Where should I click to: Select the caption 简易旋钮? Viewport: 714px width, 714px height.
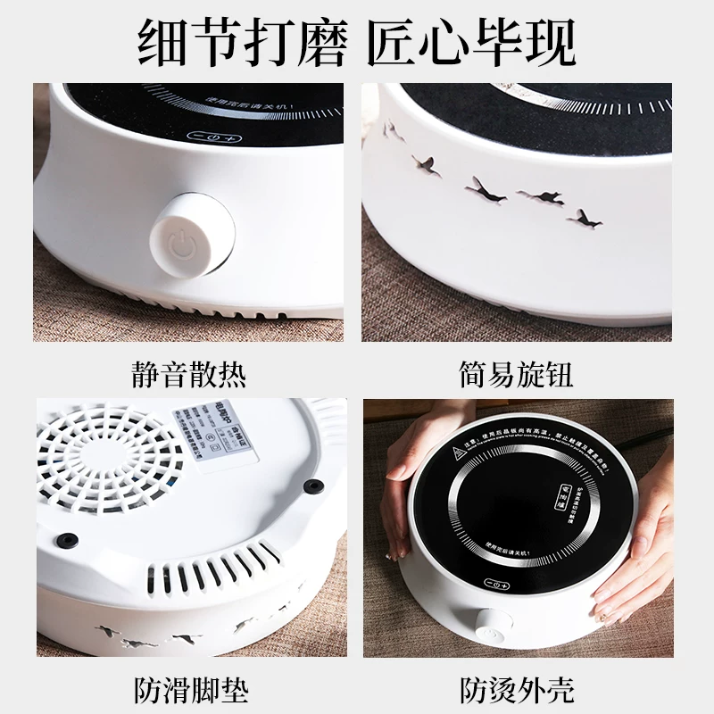pyautogui.click(x=518, y=373)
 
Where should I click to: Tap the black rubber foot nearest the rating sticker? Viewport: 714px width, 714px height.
pyautogui.click(x=312, y=486)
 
